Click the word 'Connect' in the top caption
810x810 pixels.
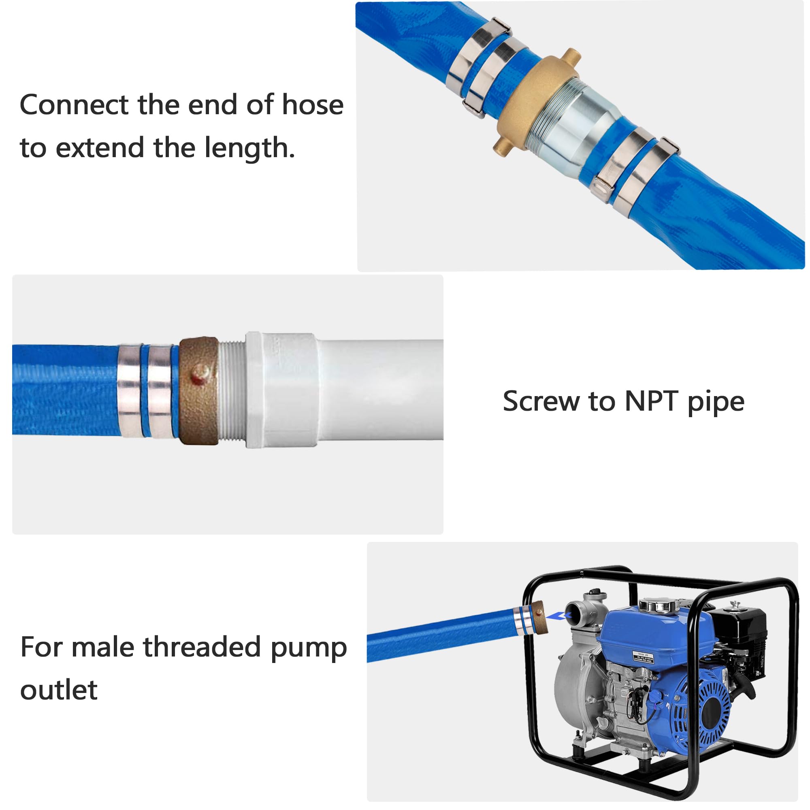[x=74, y=104]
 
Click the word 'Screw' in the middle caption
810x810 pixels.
[x=541, y=401]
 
